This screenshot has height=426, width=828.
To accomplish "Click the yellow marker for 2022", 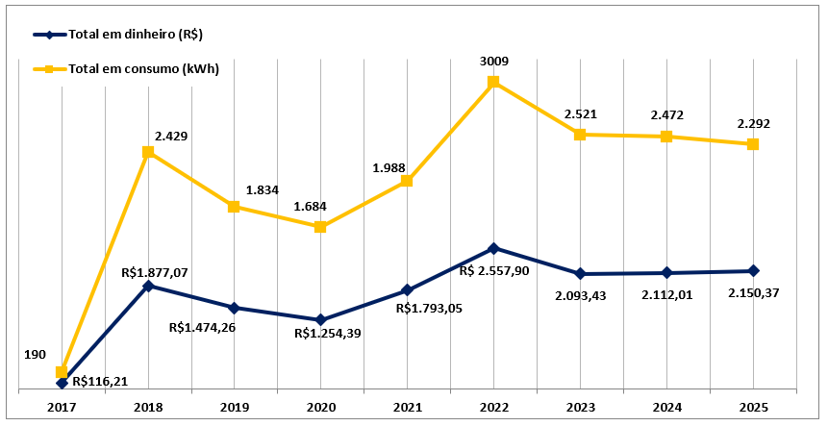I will pos(493,82).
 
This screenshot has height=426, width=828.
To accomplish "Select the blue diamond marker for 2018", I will pos(147,286).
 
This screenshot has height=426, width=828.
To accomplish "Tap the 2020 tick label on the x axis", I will pos(320,407).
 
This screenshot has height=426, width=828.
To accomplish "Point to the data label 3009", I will pos(493,62).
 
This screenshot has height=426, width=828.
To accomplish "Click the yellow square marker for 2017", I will pos(62,372).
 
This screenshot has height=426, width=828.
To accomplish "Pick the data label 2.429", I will pos(170,137).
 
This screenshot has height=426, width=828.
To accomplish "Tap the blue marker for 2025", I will pos(753,271).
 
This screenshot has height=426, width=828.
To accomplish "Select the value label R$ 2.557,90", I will pos(494,271).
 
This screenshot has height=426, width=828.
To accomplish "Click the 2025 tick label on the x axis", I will pos(753,407).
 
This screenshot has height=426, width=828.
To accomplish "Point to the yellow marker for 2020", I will pos(320,227).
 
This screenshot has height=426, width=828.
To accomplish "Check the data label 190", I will pos(35,355).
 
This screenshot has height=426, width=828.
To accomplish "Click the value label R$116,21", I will pos(99,381).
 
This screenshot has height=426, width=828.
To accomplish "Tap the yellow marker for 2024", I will pos(666,137).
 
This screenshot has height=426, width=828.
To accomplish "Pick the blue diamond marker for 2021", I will pos(407,289).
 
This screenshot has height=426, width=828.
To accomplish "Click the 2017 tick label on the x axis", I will pos(62,407).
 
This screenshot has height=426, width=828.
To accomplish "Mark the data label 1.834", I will pos(262,190).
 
